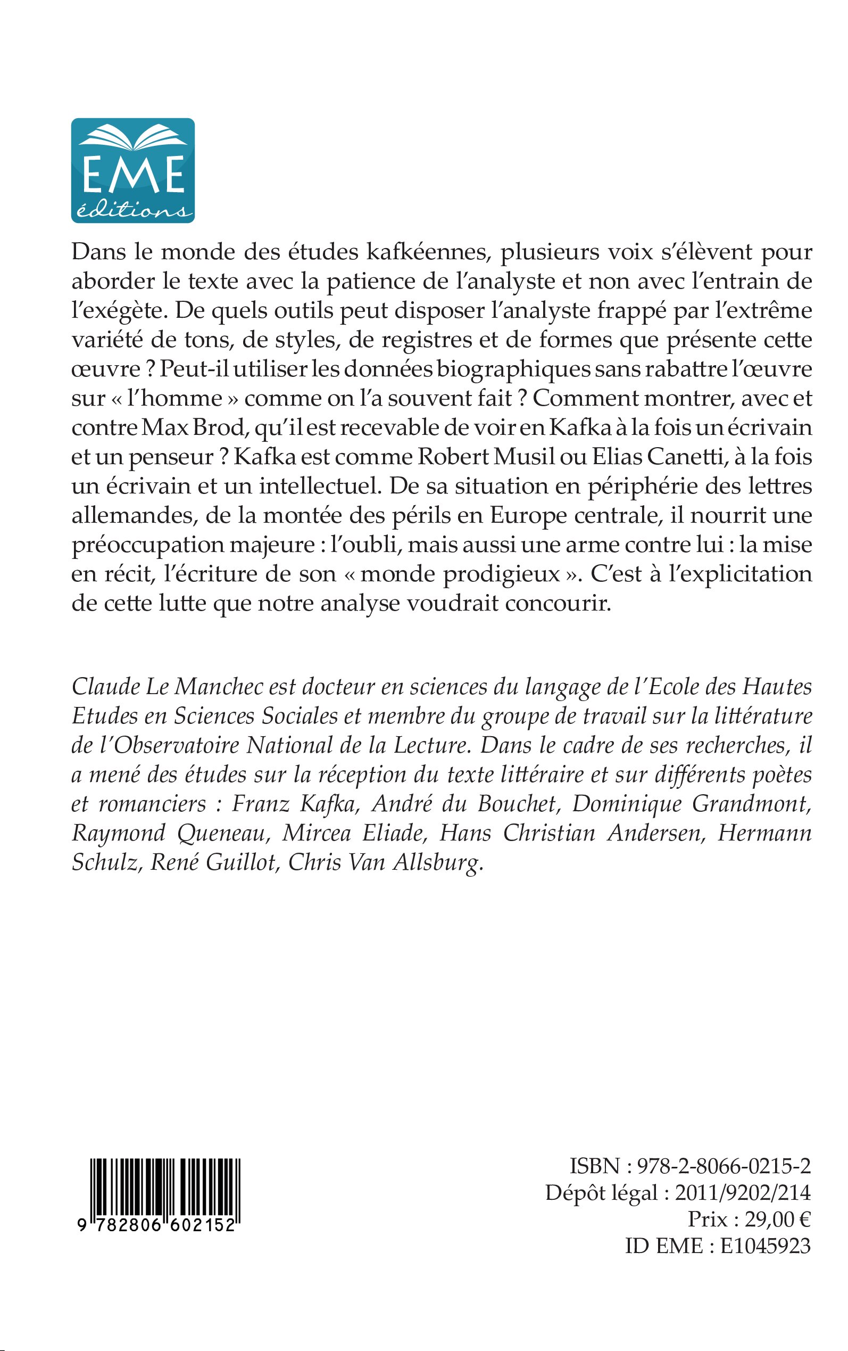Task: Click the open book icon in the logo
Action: click(133, 138)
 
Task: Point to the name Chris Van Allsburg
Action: click(385, 862)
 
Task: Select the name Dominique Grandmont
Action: click(691, 803)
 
